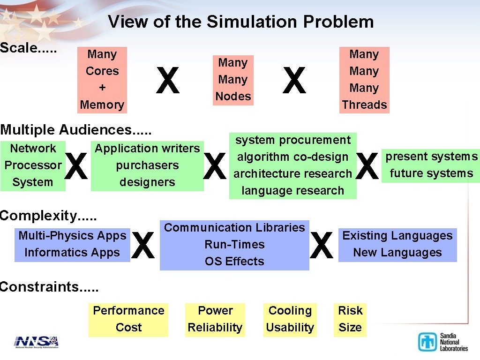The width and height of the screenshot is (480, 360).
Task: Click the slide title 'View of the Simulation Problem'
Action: (240, 22)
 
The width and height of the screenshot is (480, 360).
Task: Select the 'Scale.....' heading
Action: (28, 48)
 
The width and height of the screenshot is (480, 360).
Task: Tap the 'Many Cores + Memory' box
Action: (102, 79)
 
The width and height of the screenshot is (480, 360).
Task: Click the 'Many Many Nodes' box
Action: (233, 79)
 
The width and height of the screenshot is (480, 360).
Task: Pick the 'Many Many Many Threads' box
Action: (364, 79)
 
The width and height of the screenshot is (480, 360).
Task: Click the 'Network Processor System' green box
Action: (33, 165)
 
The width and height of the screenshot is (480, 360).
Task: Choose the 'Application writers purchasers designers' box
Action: (147, 165)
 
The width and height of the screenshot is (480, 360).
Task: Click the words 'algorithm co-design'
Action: (292, 157)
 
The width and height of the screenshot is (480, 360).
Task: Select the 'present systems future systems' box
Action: (431, 165)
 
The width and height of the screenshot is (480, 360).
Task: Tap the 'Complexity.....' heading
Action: (48, 216)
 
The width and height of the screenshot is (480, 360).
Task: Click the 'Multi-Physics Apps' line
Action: (72, 235)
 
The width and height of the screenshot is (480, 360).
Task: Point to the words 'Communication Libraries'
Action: (234, 227)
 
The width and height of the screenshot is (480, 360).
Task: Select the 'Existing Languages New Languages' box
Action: (397, 244)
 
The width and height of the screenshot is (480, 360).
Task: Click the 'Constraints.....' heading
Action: (49, 286)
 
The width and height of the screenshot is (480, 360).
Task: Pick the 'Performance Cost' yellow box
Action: (128, 319)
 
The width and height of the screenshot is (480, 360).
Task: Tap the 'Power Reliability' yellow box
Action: (215, 319)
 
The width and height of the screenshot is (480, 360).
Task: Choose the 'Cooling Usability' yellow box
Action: (290, 319)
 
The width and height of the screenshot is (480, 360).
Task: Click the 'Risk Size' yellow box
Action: (350, 319)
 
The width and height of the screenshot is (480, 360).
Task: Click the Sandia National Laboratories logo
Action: (442, 342)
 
